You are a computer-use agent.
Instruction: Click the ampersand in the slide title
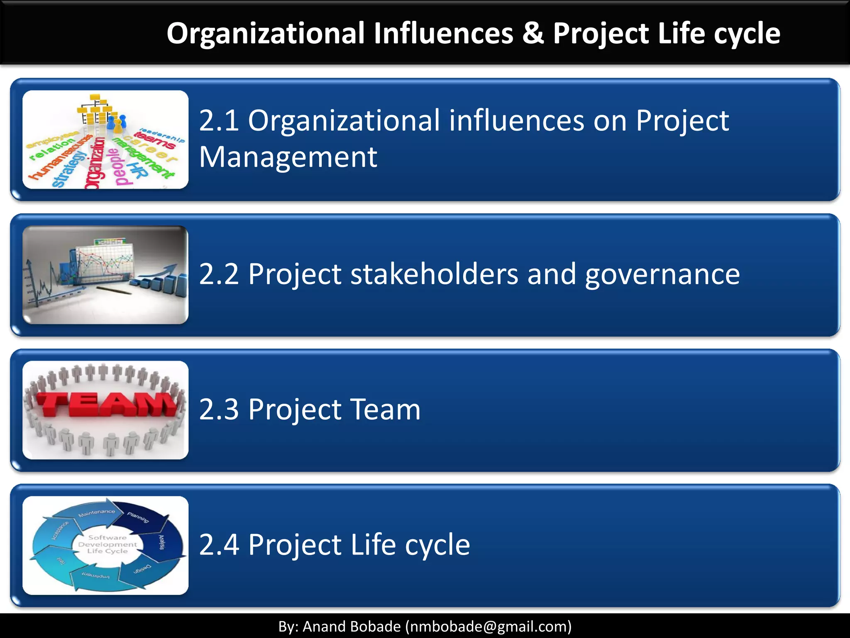tap(533, 33)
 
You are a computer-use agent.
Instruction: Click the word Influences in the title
tap(443, 33)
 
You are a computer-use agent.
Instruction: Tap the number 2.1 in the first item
tap(219, 121)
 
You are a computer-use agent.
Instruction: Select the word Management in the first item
tap(288, 157)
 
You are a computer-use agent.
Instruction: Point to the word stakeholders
tap(434, 274)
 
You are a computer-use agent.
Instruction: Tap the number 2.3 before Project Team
tap(219, 410)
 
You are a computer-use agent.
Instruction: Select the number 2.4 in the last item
tap(219, 545)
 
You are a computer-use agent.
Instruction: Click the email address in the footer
tap(488, 626)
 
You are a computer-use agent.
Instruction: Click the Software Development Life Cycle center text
tap(107, 544)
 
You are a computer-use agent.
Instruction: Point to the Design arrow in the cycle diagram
tap(142, 570)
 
